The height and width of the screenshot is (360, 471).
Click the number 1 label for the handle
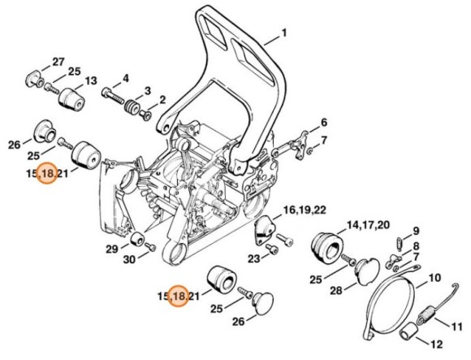(284, 33)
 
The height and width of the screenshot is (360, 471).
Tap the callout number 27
(58, 63)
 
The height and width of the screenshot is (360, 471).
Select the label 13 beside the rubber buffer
(91, 81)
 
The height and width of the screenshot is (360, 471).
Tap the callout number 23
(253, 259)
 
